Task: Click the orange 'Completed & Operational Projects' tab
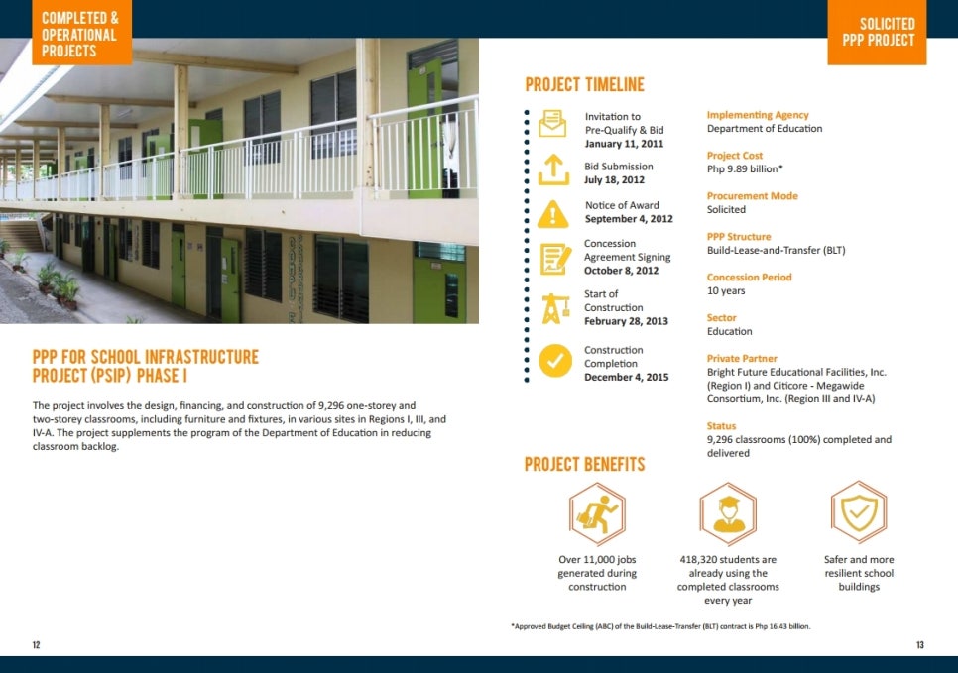click(82, 33)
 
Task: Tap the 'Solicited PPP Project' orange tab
click(877, 33)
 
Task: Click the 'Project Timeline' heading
click(585, 85)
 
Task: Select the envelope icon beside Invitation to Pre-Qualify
click(553, 123)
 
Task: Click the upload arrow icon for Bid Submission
click(553, 169)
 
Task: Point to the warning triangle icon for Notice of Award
click(553, 214)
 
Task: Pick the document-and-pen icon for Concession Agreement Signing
click(555, 259)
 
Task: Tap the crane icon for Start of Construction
click(555, 308)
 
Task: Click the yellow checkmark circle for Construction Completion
click(555, 361)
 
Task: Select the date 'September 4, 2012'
click(629, 219)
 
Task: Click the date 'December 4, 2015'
click(626, 377)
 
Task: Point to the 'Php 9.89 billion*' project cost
click(745, 168)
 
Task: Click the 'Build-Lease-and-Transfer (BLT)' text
click(776, 250)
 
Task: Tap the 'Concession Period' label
click(749, 277)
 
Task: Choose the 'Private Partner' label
click(742, 358)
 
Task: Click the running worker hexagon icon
click(597, 513)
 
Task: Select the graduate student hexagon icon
click(728, 513)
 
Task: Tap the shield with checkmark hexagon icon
click(859, 512)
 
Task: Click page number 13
click(920, 645)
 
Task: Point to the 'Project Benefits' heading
click(585, 464)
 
